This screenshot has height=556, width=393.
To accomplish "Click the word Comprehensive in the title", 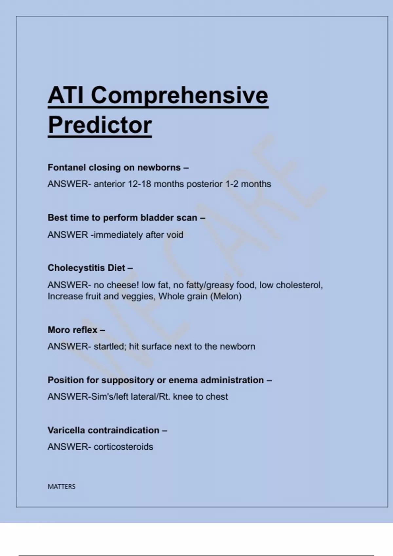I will (x=179, y=96).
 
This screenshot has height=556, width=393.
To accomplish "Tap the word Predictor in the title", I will (x=100, y=125).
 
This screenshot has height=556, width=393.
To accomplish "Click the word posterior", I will (x=205, y=184).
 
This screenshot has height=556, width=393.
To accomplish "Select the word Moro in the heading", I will (x=58, y=330).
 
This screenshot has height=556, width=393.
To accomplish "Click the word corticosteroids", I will (x=123, y=447).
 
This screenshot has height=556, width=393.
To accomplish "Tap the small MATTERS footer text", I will (x=62, y=487).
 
